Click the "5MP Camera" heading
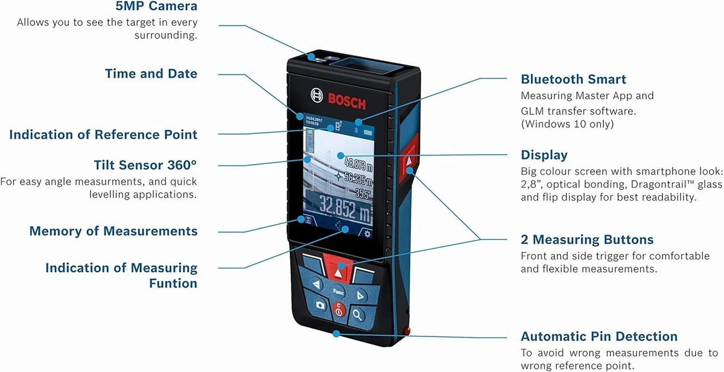pyautogui.click(x=156, y=6)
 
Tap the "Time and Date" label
pyautogui.click(x=151, y=74)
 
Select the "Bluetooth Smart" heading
pyautogui.click(x=573, y=79)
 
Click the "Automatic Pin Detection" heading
pyautogui.click(x=599, y=336)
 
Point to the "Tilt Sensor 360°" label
pyautogui.click(x=145, y=165)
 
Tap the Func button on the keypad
pyautogui.click(x=338, y=292)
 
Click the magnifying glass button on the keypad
pyautogui.click(x=357, y=314)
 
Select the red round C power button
pyautogui.click(x=338, y=309)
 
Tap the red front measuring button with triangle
pyautogui.click(x=338, y=269)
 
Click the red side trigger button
pyautogui.click(x=409, y=159)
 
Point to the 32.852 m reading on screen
pyautogui.click(x=345, y=209)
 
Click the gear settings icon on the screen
pyautogui.click(x=367, y=233)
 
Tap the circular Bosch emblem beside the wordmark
pyautogui.click(x=317, y=96)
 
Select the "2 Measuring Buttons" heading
pyautogui.click(x=587, y=239)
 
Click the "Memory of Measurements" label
pyautogui.click(x=113, y=231)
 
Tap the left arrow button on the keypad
pyautogui.click(x=316, y=284)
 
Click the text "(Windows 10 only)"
pyautogui.click(x=567, y=124)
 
